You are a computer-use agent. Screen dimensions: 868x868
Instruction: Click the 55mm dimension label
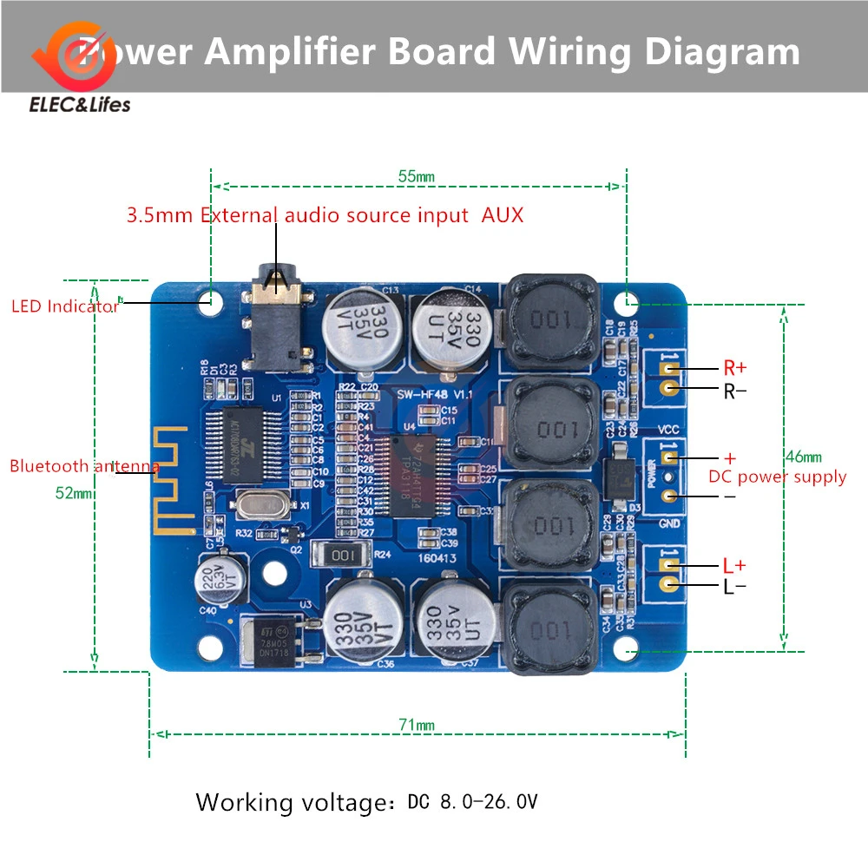(416, 177)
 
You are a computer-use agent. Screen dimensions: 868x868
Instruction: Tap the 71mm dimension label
(417, 725)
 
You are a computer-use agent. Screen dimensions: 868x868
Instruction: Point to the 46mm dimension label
(802, 457)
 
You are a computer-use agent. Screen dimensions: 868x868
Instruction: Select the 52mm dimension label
(74, 493)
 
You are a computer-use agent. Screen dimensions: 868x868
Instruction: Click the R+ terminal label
(734, 368)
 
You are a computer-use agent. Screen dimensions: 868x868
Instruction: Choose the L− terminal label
(734, 587)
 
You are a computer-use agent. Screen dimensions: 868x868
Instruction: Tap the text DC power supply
(777, 477)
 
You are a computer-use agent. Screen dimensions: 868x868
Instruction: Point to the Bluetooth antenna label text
(84, 466)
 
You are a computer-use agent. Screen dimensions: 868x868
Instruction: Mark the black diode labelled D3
(620, 476)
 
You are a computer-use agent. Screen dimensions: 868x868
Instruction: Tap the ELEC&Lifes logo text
(80, 105)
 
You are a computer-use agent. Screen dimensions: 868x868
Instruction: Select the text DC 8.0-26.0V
(472, 801)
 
